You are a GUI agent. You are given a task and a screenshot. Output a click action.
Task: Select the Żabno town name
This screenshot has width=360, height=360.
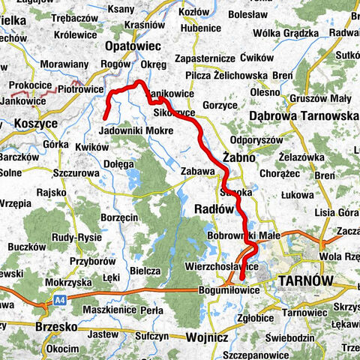[239, 159]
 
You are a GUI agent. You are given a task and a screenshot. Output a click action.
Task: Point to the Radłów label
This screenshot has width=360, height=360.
[217, 208]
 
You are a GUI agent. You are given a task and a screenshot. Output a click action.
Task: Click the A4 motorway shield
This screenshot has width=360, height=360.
[59, 300]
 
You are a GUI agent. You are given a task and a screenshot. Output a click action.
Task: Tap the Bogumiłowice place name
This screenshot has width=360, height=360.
[225, 288]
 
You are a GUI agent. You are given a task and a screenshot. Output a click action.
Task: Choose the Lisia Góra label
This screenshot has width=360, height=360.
[336, 212]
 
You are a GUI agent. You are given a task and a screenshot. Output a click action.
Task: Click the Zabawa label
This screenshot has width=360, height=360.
[198, 172]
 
